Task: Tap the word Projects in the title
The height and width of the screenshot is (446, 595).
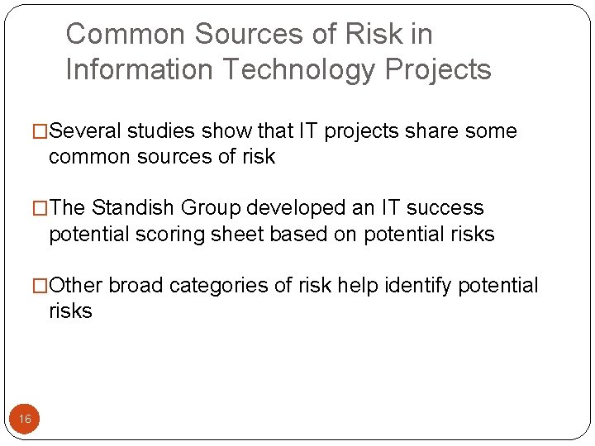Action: (436, 69)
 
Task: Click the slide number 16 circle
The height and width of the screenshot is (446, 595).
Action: (25, 420)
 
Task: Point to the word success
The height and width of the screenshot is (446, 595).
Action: (446, 208)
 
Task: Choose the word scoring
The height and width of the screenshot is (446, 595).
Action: (173, 235)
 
